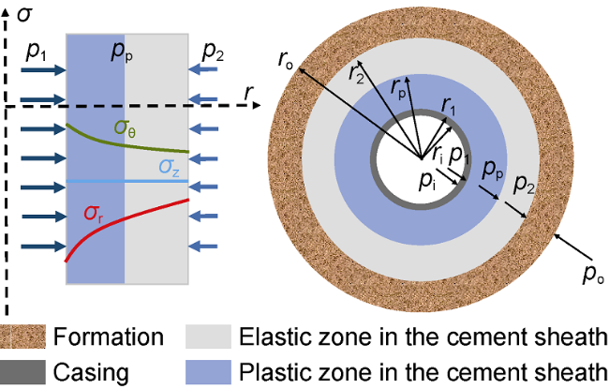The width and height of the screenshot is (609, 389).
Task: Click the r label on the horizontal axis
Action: (248, 93)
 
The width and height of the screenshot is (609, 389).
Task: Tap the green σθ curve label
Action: (125, 128)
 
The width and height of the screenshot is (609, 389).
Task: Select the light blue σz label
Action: (170, 168)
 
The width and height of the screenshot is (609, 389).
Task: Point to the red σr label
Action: (94, 214)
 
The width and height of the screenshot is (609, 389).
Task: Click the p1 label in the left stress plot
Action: (36, 51)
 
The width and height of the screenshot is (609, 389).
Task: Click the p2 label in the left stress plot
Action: (213, 51)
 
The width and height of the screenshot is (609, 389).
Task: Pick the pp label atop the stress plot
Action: (122, 51)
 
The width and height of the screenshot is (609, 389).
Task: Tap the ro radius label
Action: (286, 60)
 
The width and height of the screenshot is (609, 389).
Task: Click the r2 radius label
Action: (356, 73)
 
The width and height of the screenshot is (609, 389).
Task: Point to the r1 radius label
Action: (448, 106)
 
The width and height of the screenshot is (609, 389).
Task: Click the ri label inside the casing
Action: (438, 154)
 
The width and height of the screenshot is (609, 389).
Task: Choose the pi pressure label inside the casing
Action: (427, 181)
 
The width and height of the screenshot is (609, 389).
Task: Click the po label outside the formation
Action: (594, 275)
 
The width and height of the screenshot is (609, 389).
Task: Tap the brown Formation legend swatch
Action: (22, 337)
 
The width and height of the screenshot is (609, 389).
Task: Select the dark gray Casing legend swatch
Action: (22, 372)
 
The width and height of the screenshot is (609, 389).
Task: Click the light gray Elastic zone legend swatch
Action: (208, 337)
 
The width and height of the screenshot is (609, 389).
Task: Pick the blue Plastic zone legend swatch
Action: (208, 372)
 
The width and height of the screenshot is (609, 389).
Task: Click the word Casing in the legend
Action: (91, 373)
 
